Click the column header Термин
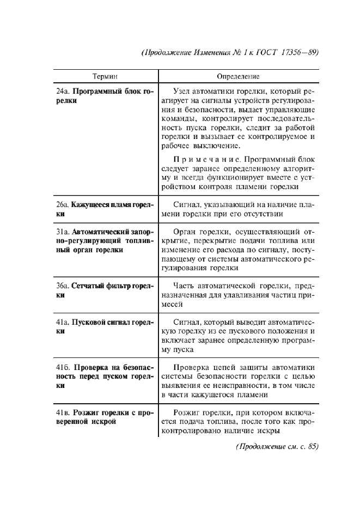tap(105, 77)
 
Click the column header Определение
tap(238, 77)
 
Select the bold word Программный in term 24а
tap(94, 92)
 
